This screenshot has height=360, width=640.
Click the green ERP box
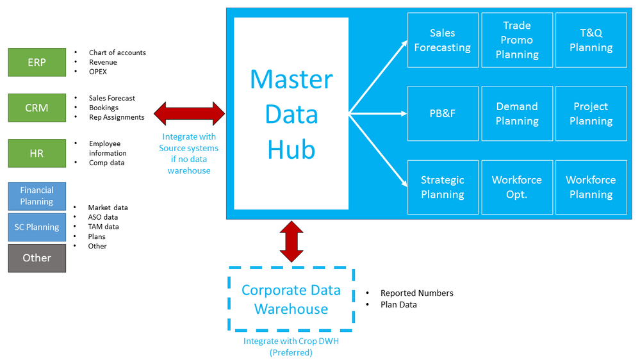(37, 62)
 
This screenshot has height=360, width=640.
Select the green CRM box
(37, 108)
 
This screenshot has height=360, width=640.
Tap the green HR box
(37, 153)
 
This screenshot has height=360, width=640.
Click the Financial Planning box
(37, 196)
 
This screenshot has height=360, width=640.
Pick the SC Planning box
(37, 227)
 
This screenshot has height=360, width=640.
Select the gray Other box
(37, 258)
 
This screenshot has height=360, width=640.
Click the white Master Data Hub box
(291, 113)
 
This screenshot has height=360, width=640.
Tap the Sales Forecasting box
(442, 40)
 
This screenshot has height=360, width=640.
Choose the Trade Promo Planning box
(516, 40)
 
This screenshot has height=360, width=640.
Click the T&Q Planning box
(591, 40)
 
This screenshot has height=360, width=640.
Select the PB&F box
(442, 113)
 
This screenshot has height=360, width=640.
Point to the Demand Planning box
(516, 113)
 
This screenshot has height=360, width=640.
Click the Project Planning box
(591, 113)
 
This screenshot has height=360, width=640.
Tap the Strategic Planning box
(442, 187)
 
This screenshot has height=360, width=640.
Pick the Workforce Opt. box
(516, 187)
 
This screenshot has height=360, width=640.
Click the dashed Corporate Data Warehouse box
(291, 299)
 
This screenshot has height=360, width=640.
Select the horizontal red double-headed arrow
(190, 113)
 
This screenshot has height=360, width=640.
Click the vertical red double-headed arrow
(291, 241)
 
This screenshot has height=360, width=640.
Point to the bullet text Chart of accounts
(117, 53)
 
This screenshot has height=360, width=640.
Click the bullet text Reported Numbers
(416, 293)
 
